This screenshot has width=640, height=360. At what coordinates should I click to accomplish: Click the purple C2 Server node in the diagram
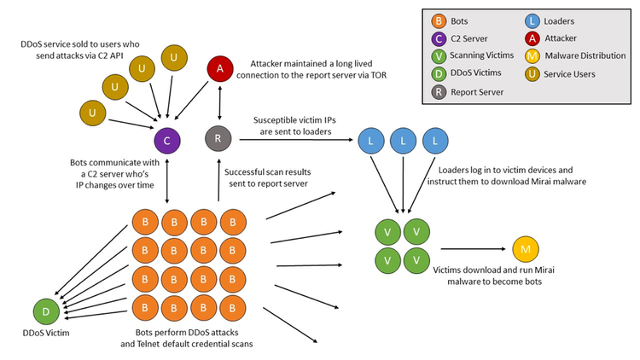[x=166, y=139]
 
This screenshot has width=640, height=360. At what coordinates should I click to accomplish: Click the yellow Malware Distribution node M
[x=526, y=249]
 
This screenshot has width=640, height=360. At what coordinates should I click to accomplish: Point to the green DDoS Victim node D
[x=46, y=311]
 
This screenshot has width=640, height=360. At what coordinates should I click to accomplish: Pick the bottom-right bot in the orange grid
[x=232, y=305]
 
